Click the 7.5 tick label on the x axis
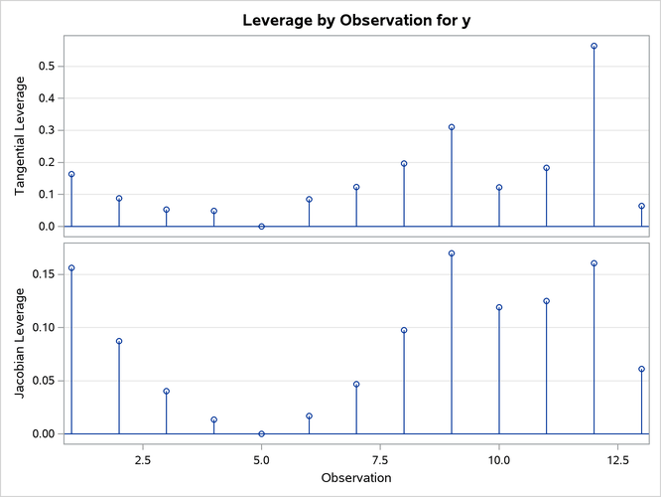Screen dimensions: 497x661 click(x=380, y=460)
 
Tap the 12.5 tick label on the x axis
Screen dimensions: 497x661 click(x=617, y=460)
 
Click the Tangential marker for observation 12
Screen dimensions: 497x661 click(x=595, y=46)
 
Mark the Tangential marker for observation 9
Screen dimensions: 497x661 click(x=452, y=127)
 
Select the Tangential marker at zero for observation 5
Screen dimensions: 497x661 click(x=261, y=227)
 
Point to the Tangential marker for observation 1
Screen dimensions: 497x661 click(x=71, y=174)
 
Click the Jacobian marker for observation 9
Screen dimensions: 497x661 click(x=452, y=253)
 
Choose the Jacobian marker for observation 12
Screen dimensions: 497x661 click(x=595, y=263)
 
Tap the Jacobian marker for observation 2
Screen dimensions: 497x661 click(x=119, y=341)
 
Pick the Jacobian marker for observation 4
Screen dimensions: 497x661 click(x=213, y=419)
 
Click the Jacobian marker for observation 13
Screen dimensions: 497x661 click(x=641, y=369)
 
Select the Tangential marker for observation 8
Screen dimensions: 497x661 click(x=404, y=163)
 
